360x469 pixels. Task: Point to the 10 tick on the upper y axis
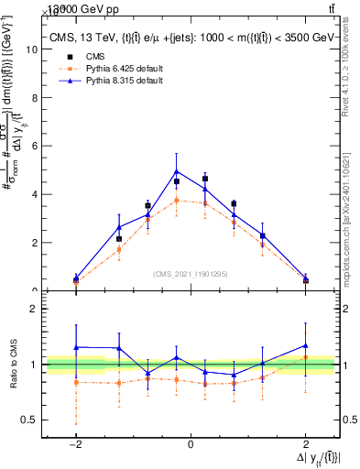point(34,50)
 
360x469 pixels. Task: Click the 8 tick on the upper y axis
point(34,98)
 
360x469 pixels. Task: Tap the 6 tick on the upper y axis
point(34,147)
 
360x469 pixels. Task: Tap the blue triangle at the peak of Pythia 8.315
point(176,171)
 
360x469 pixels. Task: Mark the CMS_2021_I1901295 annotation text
point(190,274)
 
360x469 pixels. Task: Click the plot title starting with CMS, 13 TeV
point(191,37)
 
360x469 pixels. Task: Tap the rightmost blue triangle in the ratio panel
point(306,345)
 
